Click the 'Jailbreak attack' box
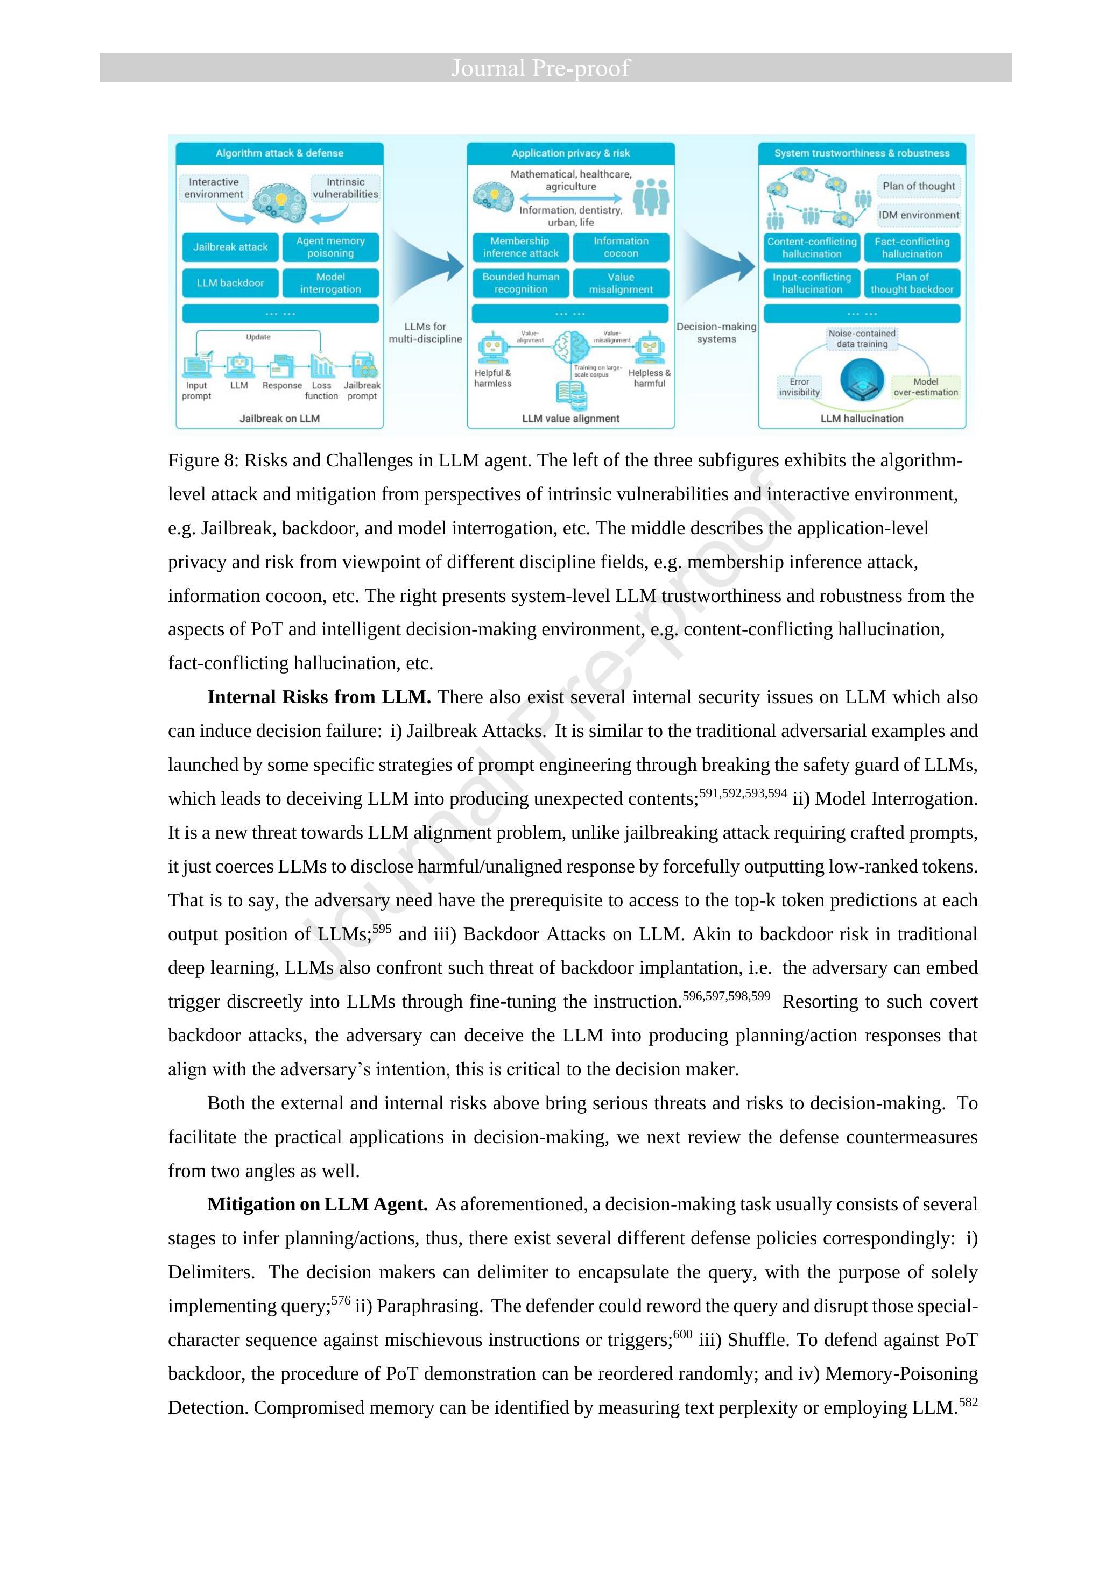coord(230,247)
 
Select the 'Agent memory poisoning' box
coord(330,247)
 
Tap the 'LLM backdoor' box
coord(230,283)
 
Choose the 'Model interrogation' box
coord(330,283)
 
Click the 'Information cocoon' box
coord(621,247)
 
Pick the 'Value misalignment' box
coord(621,283)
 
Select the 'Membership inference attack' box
coord(520,247)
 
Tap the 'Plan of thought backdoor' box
coord(912,283)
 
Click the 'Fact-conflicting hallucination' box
coord(912,247)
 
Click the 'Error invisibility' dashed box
coord(799,387)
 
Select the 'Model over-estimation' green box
coord(925,387)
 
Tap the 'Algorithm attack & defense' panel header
coord(280,153)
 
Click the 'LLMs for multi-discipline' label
coord(425,333)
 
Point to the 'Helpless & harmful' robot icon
coord(647,348)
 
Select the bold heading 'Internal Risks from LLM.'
coord(319,697)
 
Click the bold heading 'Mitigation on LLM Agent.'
coord(318,1204)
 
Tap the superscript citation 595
coord(382,930)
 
